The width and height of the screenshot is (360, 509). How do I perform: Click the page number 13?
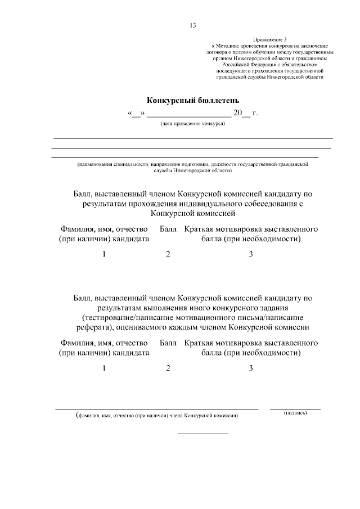[x=193, y=25]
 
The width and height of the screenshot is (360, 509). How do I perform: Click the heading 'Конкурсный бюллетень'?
[x=193, y=100]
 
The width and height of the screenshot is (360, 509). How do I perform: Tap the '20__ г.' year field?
[x=245, y=113]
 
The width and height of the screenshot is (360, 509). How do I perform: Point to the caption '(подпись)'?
[x=295, y=413]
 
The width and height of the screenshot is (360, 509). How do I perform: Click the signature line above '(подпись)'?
[x=295, y=408]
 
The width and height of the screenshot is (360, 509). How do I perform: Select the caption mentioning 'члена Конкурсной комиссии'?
[x=157, y=416]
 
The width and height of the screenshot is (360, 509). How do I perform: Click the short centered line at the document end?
[x=203, y=434]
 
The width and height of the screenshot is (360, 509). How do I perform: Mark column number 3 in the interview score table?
[x=251, y=254]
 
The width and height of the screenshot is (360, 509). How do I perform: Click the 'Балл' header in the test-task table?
[x=168, y=343]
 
